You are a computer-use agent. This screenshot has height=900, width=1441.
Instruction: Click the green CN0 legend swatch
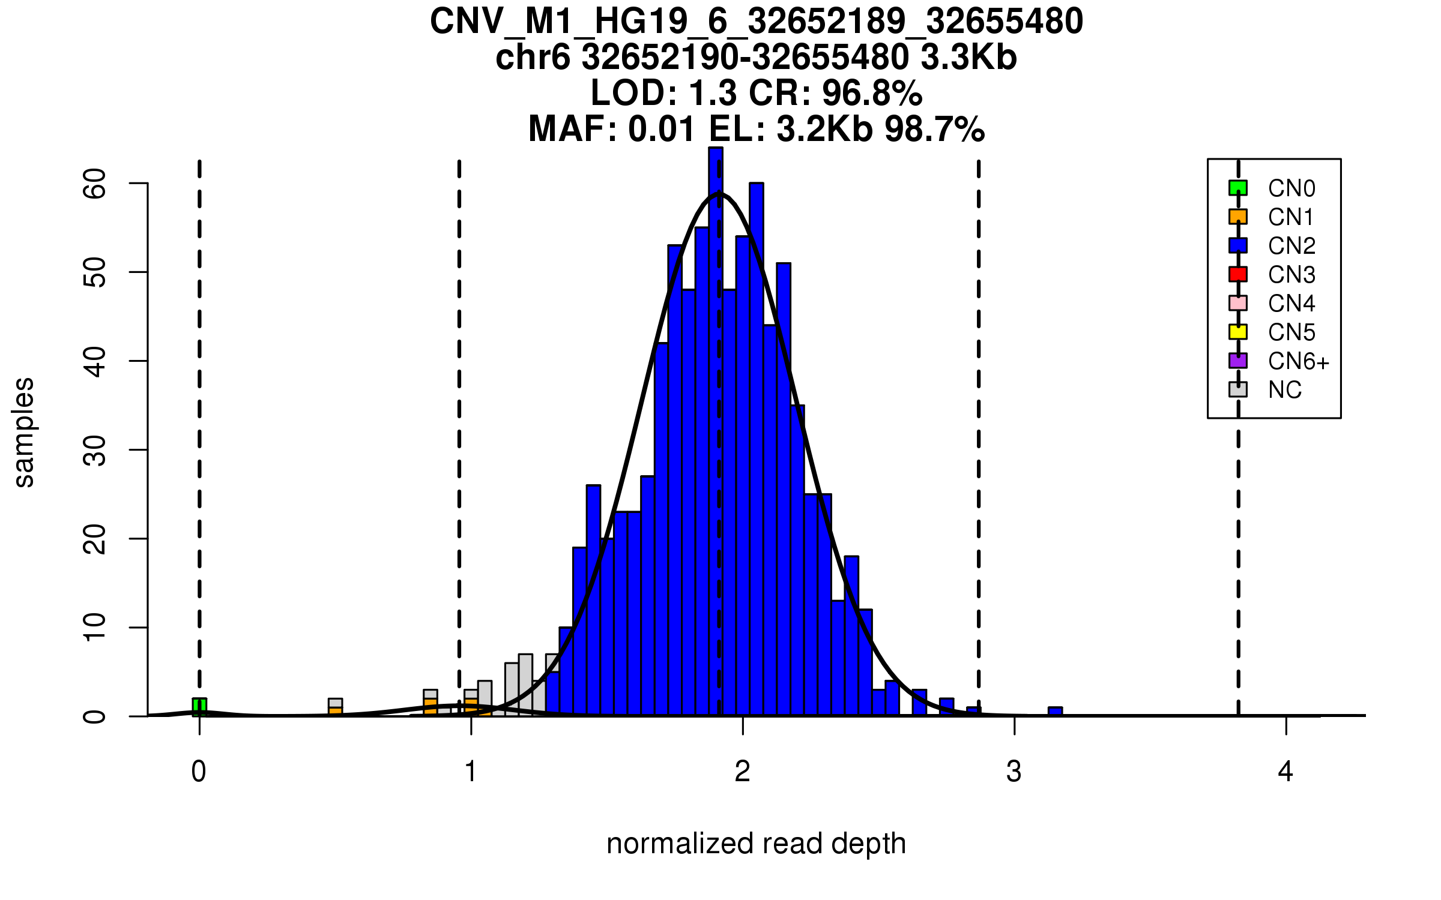coord(1238,188)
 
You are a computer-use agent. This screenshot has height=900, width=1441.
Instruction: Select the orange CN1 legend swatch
coord(1238,217)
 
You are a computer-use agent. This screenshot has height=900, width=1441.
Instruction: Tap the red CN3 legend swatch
coord(1238,274)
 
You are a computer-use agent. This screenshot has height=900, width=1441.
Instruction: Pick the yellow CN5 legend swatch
coord(1238,332)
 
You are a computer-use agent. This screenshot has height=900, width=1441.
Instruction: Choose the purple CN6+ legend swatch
coord(1238,361)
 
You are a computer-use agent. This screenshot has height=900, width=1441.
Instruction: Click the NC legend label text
coord(1285,390)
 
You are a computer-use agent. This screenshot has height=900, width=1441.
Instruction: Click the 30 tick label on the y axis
coord(95,450)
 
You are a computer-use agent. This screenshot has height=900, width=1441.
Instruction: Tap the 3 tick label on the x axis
coord(1014,772)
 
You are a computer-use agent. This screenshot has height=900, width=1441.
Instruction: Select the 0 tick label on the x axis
coord(199,772)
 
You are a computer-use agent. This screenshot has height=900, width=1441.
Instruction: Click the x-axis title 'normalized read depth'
coord(756,844)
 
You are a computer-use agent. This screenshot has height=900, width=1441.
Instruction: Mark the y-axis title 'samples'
coord(24,432)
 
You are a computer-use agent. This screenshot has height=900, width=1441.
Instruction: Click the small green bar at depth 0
coord(199,707)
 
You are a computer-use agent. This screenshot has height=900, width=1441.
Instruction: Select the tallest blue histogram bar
coord(716,420)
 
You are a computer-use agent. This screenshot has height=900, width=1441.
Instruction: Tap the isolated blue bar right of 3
coord(1055,712)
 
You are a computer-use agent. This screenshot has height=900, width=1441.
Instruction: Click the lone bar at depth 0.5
coord(335,707)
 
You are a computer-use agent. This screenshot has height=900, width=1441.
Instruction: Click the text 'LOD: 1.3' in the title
coord(662,93)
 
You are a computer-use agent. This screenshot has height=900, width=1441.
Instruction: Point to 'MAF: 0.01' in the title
coord(612,129)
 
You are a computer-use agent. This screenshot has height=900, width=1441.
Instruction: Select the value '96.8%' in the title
coord(872,93)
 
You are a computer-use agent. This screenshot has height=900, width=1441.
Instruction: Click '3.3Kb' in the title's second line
coord(968,58)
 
